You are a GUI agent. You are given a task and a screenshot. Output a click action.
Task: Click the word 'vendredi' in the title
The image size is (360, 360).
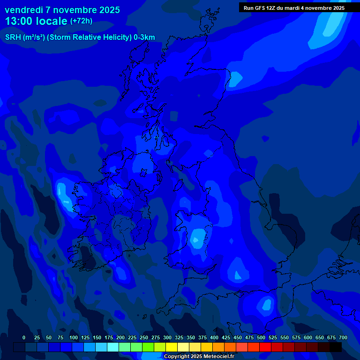coord(23,10)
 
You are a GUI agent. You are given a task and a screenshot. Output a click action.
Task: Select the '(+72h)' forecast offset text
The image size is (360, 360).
coord(81,21)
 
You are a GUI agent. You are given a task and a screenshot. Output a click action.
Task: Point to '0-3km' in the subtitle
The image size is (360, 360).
coord(144,37)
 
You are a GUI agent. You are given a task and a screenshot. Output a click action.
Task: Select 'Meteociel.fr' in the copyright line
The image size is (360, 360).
coord(218,356)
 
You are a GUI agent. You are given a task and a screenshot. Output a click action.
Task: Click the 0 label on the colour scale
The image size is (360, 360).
coord(24,337)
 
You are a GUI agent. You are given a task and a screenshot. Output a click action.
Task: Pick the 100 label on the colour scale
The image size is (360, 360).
coord(74,337)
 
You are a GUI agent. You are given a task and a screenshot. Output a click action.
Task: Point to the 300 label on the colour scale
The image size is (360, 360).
coord(167,337)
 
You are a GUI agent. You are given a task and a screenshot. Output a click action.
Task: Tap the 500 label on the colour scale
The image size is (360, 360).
coord(261,337)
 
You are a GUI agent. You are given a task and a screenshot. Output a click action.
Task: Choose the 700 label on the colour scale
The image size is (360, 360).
coord(343,337)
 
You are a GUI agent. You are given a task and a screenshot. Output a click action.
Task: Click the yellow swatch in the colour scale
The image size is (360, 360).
coord(172,347)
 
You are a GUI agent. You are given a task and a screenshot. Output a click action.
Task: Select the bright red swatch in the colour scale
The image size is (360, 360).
coord(265,347)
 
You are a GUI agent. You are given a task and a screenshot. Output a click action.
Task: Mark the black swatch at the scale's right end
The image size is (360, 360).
coord(336,347)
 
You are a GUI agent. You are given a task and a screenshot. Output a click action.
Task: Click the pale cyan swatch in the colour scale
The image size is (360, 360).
coord(113,347)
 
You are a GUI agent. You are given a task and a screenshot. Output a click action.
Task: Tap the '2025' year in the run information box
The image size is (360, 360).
coord(337,8)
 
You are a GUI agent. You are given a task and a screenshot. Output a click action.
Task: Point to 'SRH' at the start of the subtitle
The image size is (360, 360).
coord(13,37)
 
